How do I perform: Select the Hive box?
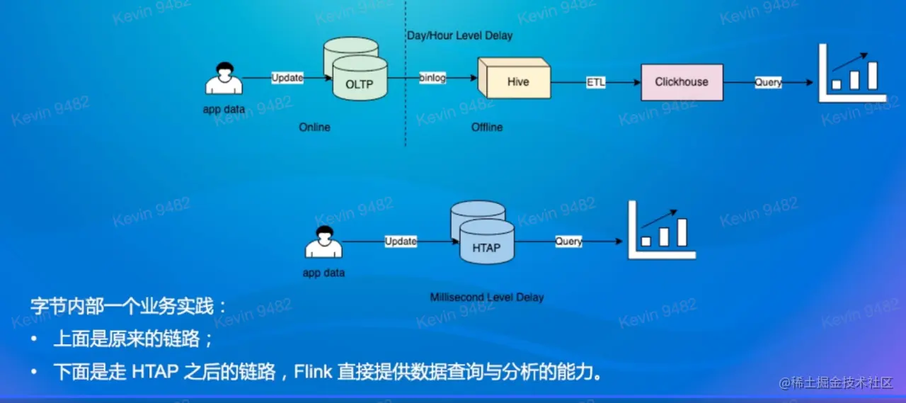pyautogui.click(x=517, y=82)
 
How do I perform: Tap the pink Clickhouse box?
pyautogui.click(x=682, y=82)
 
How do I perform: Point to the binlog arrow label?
pyautogui.click(x=432, y=78)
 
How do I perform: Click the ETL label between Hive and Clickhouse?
pyautogui.click(x=596, y=82)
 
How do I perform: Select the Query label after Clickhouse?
pyautogui.click(x=768, y=82)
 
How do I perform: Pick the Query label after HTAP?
pyautogui.click(x=568, y=242)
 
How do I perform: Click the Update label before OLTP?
pyautogui.click(x=287, y=78)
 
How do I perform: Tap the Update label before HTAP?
pyautogui.click(x=401, y=242)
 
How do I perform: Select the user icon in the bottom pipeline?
pyautogui.click(x=323, y=242)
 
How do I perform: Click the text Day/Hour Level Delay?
pyautogui.click(x=460, y=35)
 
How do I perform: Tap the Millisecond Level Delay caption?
pyautogui.click(x=487, y=297)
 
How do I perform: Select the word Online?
pyautogui.click(x=314, y=127)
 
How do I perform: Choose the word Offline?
pyautogui.click(x=487, y=127)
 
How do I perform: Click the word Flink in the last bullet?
pyautogui.click(x=313, y=371)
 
